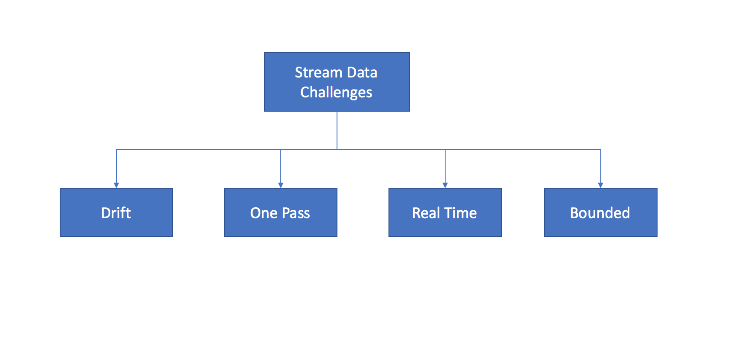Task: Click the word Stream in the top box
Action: click(318, 72)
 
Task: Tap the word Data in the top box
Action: click(362, 72)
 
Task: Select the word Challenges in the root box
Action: click(336, 93)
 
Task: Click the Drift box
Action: click(116, 212)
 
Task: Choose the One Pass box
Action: click(281, 212)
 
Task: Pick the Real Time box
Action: click(445, 212)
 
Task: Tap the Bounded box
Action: click(601, 212)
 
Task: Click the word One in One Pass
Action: click(264, 213)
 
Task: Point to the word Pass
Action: click(296, 213)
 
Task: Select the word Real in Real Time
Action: click(426, 213)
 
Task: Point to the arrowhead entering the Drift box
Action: click(116, 185)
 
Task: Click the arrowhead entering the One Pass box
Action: click(281, 185)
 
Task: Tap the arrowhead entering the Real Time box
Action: click(445, 185)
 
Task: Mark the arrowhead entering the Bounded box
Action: click(600, 185)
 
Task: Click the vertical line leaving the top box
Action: click(337, 131)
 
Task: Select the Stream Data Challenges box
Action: click(337, 82)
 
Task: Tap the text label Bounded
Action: click(600, 213)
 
